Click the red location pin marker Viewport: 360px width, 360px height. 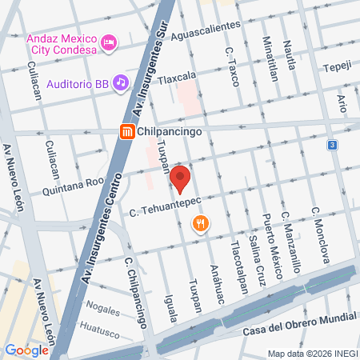(x=180, y=180)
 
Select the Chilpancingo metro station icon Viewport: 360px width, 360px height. (x=126, y=133)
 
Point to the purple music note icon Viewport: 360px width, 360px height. (x=120, y=82)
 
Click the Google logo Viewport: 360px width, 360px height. (x=26, y=350)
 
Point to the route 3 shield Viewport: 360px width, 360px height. (x=332, y=145)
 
